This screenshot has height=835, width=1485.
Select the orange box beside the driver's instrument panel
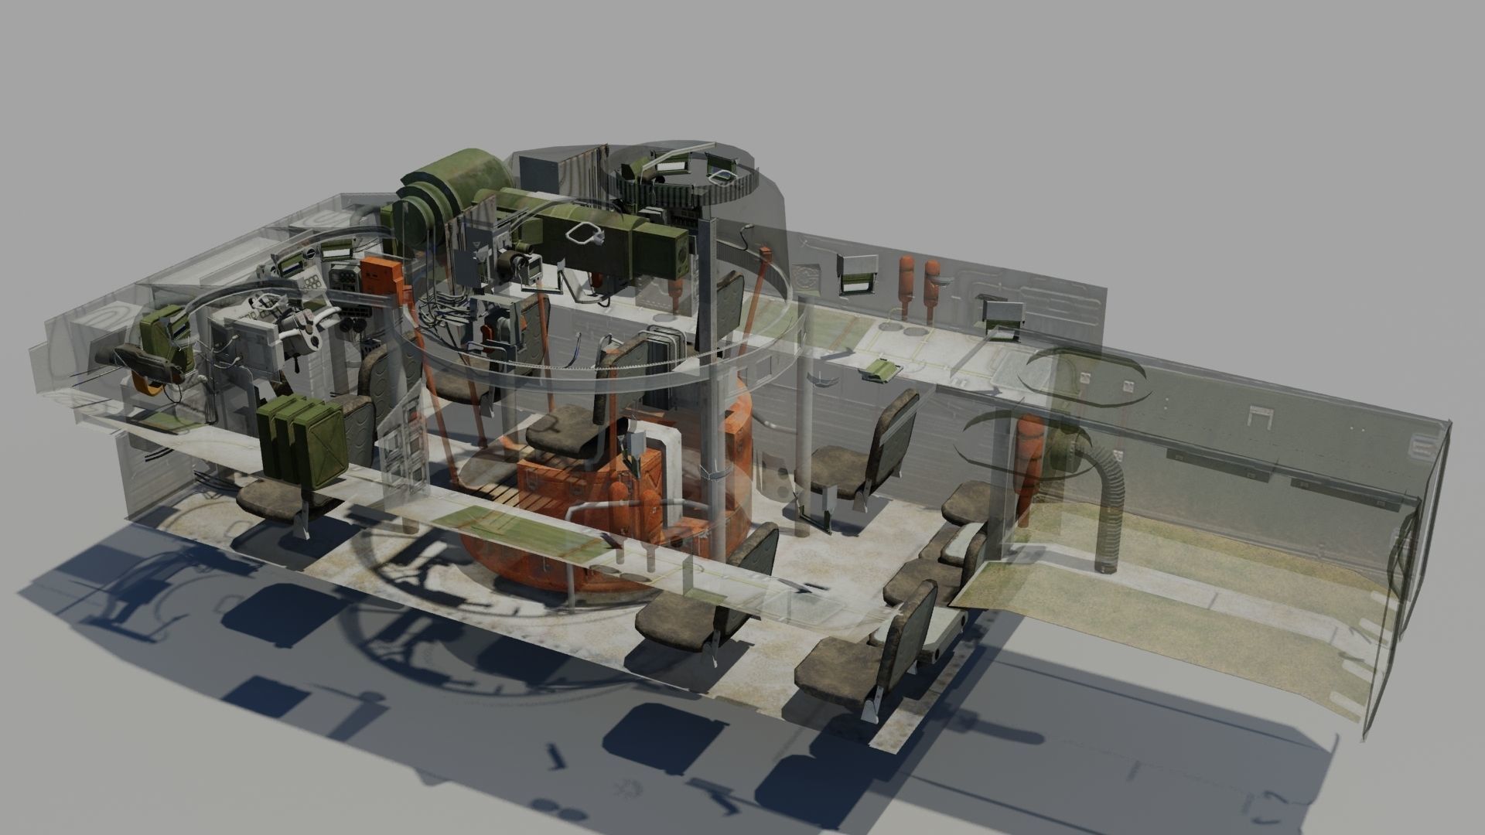coord(381,277)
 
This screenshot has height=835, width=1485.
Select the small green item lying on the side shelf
coord(879,370)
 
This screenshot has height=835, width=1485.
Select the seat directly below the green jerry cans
coord(278,499)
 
